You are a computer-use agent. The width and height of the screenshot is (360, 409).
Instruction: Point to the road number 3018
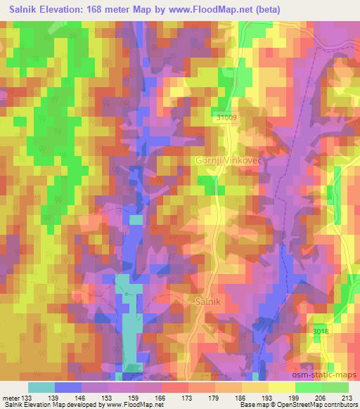point(320,329)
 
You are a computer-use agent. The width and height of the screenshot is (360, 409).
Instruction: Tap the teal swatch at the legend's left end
point(41,387)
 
